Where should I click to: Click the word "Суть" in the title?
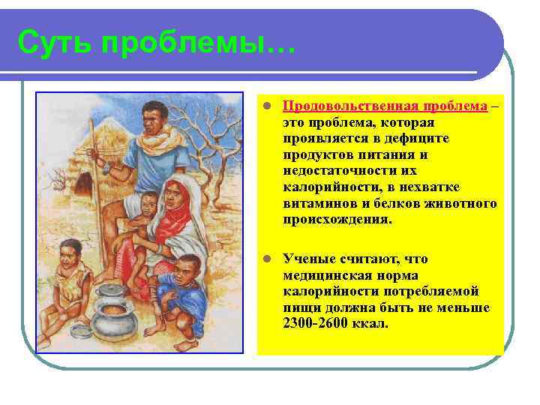(x=55, y=43)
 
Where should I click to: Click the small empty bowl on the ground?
(x=80, y=330)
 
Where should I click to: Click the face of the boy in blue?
(x=189, y=269)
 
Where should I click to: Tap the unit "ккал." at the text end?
(x=373, y=323)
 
